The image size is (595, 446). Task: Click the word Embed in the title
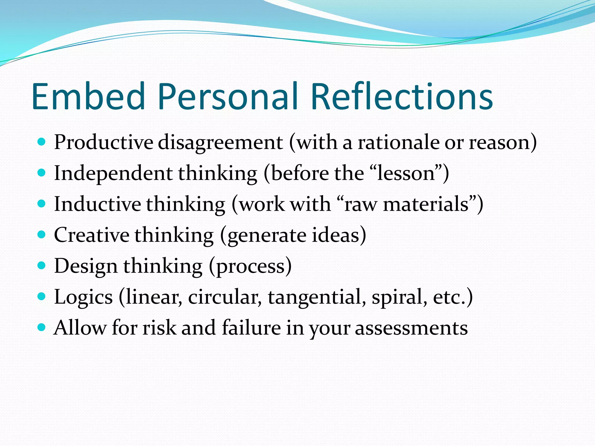[88, 96]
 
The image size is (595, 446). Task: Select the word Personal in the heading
[228, 96]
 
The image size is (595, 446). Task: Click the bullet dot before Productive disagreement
[42, 142]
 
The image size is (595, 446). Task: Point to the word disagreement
[220, 143]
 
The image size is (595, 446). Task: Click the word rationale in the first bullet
[399, 143]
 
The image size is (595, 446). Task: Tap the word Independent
[113, 174]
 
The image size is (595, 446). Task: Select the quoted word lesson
[406, 174]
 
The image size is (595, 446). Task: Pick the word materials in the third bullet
[426, 204]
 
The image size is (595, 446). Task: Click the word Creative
[92, 235]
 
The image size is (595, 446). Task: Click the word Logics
[83, 297]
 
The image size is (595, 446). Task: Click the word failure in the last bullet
[251, 328]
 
